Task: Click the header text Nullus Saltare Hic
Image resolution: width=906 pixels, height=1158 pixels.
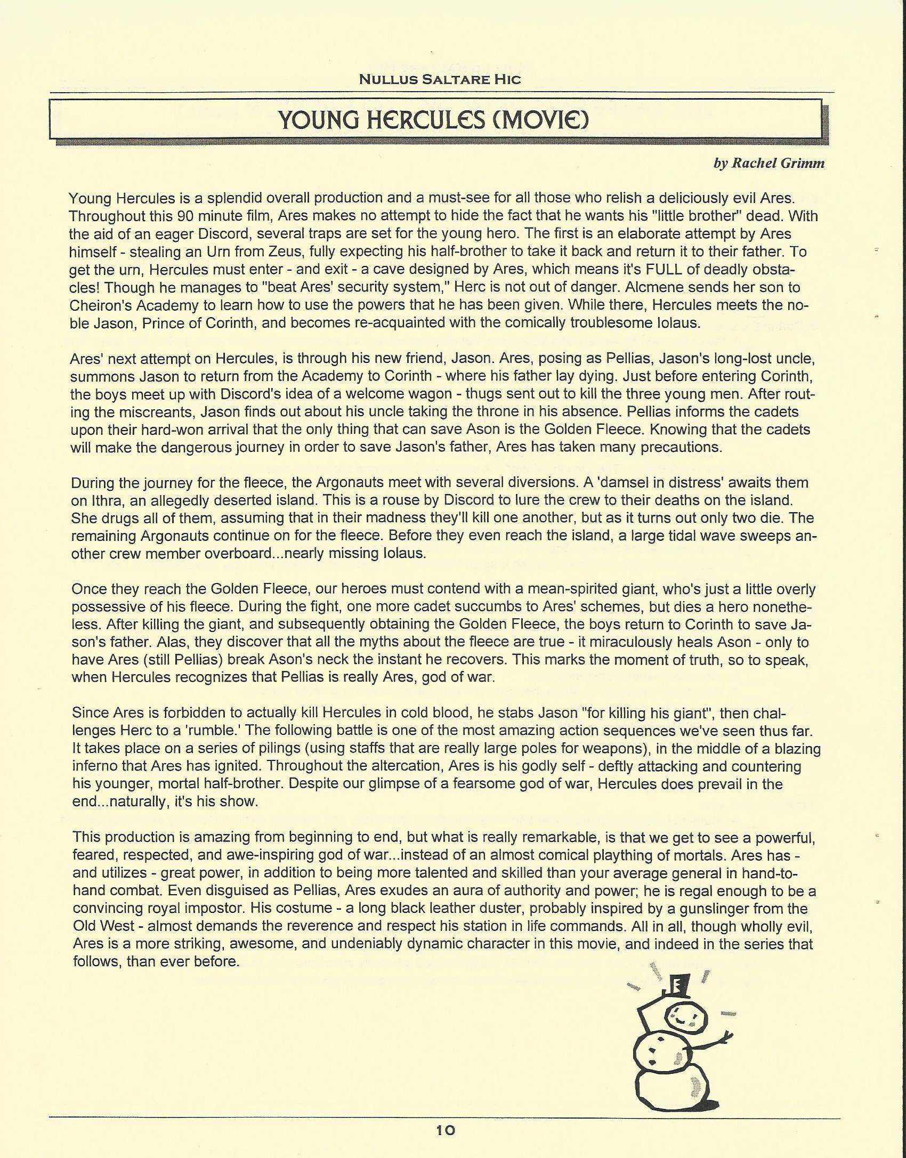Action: pos(439,79)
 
